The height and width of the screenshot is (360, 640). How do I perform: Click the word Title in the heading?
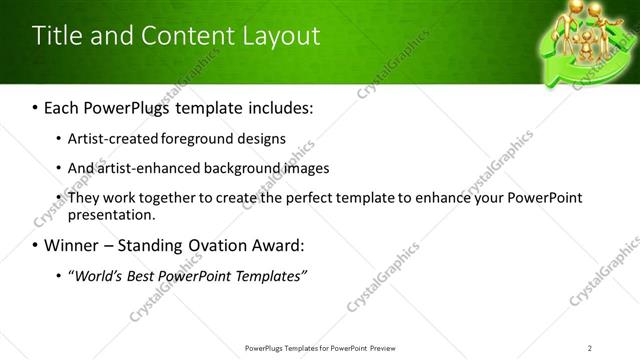point(56,36)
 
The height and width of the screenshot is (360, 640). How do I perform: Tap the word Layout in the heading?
point(282,36)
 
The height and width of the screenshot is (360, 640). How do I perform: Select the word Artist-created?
point(109,138)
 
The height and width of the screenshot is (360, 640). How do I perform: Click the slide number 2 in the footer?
point(590,347)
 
